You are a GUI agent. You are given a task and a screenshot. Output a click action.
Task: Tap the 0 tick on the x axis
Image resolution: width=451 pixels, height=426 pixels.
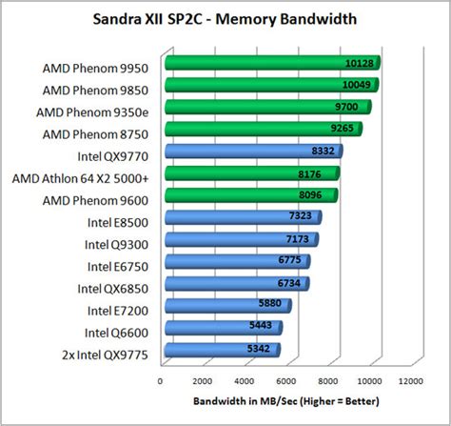(160, 380)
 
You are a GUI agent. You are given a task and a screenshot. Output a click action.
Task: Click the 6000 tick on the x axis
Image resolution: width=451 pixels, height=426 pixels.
(285, 380)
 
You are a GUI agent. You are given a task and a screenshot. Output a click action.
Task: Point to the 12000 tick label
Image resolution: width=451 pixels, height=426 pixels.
(410, 380)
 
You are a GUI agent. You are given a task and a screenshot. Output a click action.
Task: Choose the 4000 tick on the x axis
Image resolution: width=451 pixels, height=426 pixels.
(244, 380)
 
